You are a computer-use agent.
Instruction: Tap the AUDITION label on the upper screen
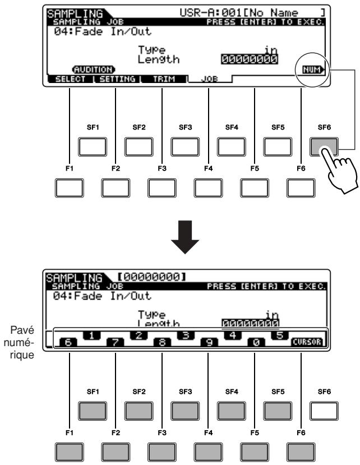tap(94, 70)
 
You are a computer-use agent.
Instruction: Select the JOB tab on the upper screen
tap(209, 79)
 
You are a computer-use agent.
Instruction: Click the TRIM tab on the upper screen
tap(164, 79)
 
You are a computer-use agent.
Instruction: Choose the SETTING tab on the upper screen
tap(117, 79)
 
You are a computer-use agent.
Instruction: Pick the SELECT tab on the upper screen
tap(70, 79)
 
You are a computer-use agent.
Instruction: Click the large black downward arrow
tap(185, 237)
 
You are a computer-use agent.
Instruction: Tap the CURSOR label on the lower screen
tap(307, 342)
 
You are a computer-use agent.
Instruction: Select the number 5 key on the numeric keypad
tap(280, 335)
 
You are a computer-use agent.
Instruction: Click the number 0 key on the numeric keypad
tap(256, 342)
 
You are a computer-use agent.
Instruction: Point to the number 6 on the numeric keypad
tap(68, 342)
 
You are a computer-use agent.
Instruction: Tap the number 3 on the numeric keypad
tap(186, 335)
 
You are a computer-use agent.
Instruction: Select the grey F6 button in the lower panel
tap(301, 452)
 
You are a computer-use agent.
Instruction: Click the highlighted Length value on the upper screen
tap(250, 59)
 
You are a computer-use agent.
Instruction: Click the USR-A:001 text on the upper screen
tap(209, 13)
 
